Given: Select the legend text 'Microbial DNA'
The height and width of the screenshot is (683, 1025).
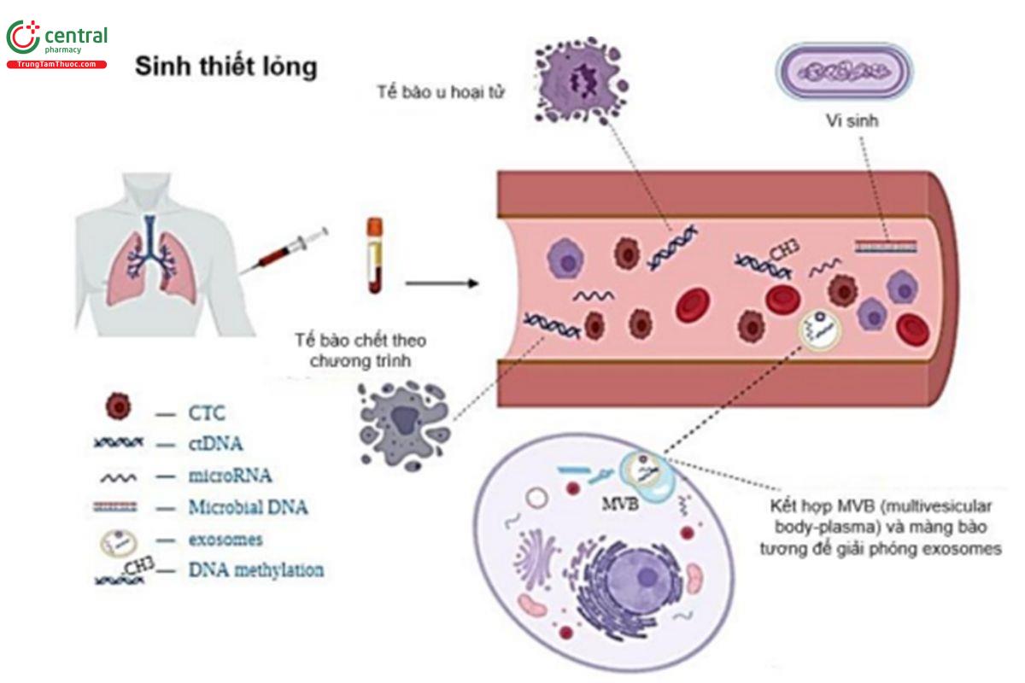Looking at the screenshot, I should tap(247, 507).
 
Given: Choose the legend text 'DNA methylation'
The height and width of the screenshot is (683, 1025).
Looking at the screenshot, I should tap(255, 570).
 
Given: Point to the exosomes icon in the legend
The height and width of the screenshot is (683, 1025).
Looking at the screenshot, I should tap(116, 540).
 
